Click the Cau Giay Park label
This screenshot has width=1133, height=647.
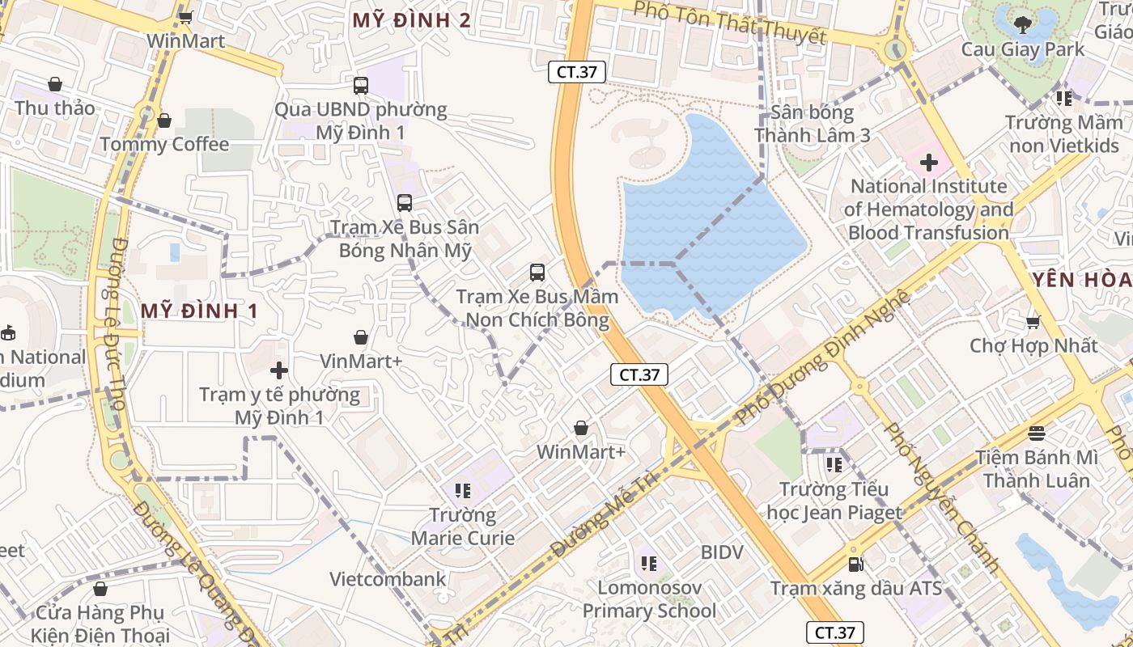[1023, 49]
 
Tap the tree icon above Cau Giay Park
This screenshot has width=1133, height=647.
[1023, 24]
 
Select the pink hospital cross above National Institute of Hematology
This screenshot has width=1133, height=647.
[928, 163]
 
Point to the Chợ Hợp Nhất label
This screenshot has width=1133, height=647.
[1033, 345]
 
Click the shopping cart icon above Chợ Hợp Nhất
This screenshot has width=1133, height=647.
[1033, 322]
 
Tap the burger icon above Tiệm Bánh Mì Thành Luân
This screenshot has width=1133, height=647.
[1037, 433]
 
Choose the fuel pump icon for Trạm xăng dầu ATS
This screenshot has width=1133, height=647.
[855, 564]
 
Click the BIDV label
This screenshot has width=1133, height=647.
[722, 552]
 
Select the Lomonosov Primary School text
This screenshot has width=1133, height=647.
[649, 599]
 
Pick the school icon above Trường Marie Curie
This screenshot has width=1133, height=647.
[463, 490]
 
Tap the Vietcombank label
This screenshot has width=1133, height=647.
[388, 579]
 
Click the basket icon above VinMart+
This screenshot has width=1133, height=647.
[361, 337]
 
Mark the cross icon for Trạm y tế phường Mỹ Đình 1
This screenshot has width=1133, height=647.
[279, 370]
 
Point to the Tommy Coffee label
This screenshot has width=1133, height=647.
[164, 145]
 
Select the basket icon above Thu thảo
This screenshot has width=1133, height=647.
[55, 84]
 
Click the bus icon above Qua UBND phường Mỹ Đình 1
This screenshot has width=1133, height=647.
[361, 85]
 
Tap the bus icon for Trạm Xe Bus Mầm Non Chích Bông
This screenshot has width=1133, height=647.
[537, 273]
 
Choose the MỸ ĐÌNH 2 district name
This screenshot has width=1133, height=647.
[411, 20]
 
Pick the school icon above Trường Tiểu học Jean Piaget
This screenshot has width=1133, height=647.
[834, 465]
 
